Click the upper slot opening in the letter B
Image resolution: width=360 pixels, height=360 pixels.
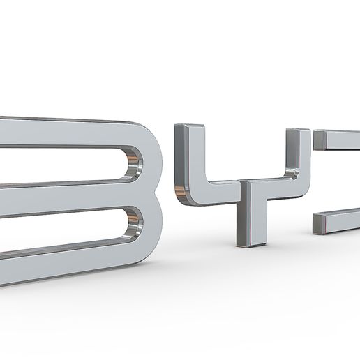point(63,165)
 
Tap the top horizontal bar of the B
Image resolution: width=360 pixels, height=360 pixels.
point(63,132)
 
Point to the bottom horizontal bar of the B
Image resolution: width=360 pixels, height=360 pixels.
point(63,264)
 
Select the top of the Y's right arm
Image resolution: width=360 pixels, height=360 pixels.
point(298,132)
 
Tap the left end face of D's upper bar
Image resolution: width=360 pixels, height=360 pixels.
point(320,140)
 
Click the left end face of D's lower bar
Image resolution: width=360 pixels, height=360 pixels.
point(319,223)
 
